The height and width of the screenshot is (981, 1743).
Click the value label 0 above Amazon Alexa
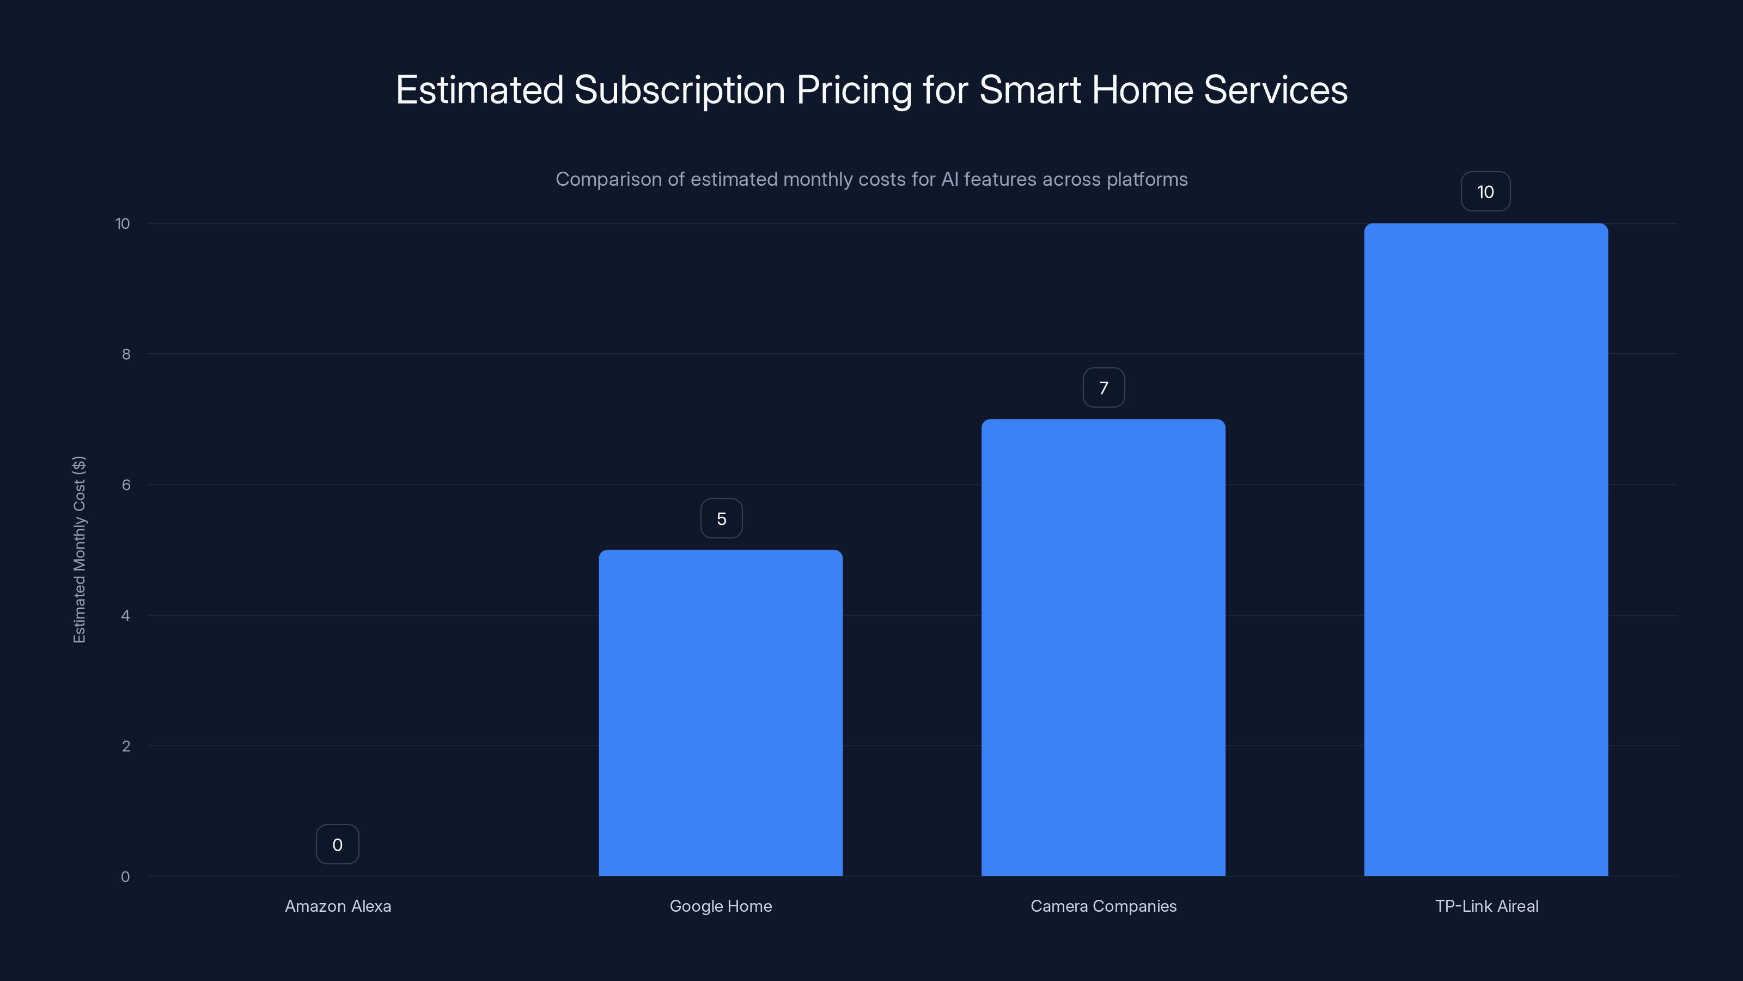(x=337, y=844)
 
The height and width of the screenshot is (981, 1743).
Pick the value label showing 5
(x=721, y=519)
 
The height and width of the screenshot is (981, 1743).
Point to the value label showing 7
(x=1104, y=388)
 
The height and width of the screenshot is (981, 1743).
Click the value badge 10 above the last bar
(x=1485, y=192)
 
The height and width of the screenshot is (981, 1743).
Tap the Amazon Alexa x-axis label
(x=338, y=906)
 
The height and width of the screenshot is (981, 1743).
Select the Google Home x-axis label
(x=721, y=906)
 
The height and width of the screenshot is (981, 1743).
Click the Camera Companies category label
(x=1103, y=906)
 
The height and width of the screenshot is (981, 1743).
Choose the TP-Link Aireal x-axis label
(x=1486, y=906)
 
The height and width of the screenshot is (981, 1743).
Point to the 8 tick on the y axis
(x=126, y=354)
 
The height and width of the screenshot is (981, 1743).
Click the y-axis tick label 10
(x=123, y=223)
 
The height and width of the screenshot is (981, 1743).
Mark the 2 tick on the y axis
(x=126, y=746)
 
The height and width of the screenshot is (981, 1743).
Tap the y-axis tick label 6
(x=126, y=485)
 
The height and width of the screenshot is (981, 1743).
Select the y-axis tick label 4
(x=126, y=615)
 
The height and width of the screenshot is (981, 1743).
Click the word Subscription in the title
(x=679, y=90)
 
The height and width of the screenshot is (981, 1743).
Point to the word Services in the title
(x=1276, y=90)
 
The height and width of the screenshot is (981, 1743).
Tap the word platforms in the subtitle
(x=1147, y=179)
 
